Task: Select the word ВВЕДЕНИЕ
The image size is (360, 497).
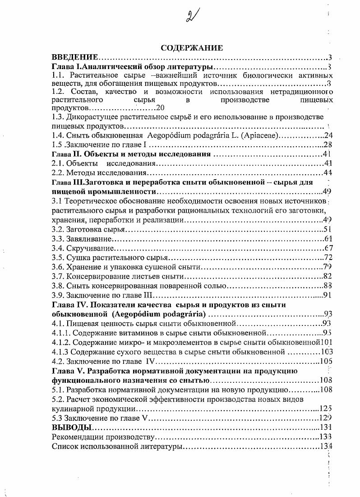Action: [75, 57]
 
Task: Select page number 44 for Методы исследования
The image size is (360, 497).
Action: [328, 172]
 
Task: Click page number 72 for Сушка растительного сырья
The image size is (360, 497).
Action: [328, 258]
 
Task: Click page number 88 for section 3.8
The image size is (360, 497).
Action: [328, 286]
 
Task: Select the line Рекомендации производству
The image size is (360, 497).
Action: [103, 437]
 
